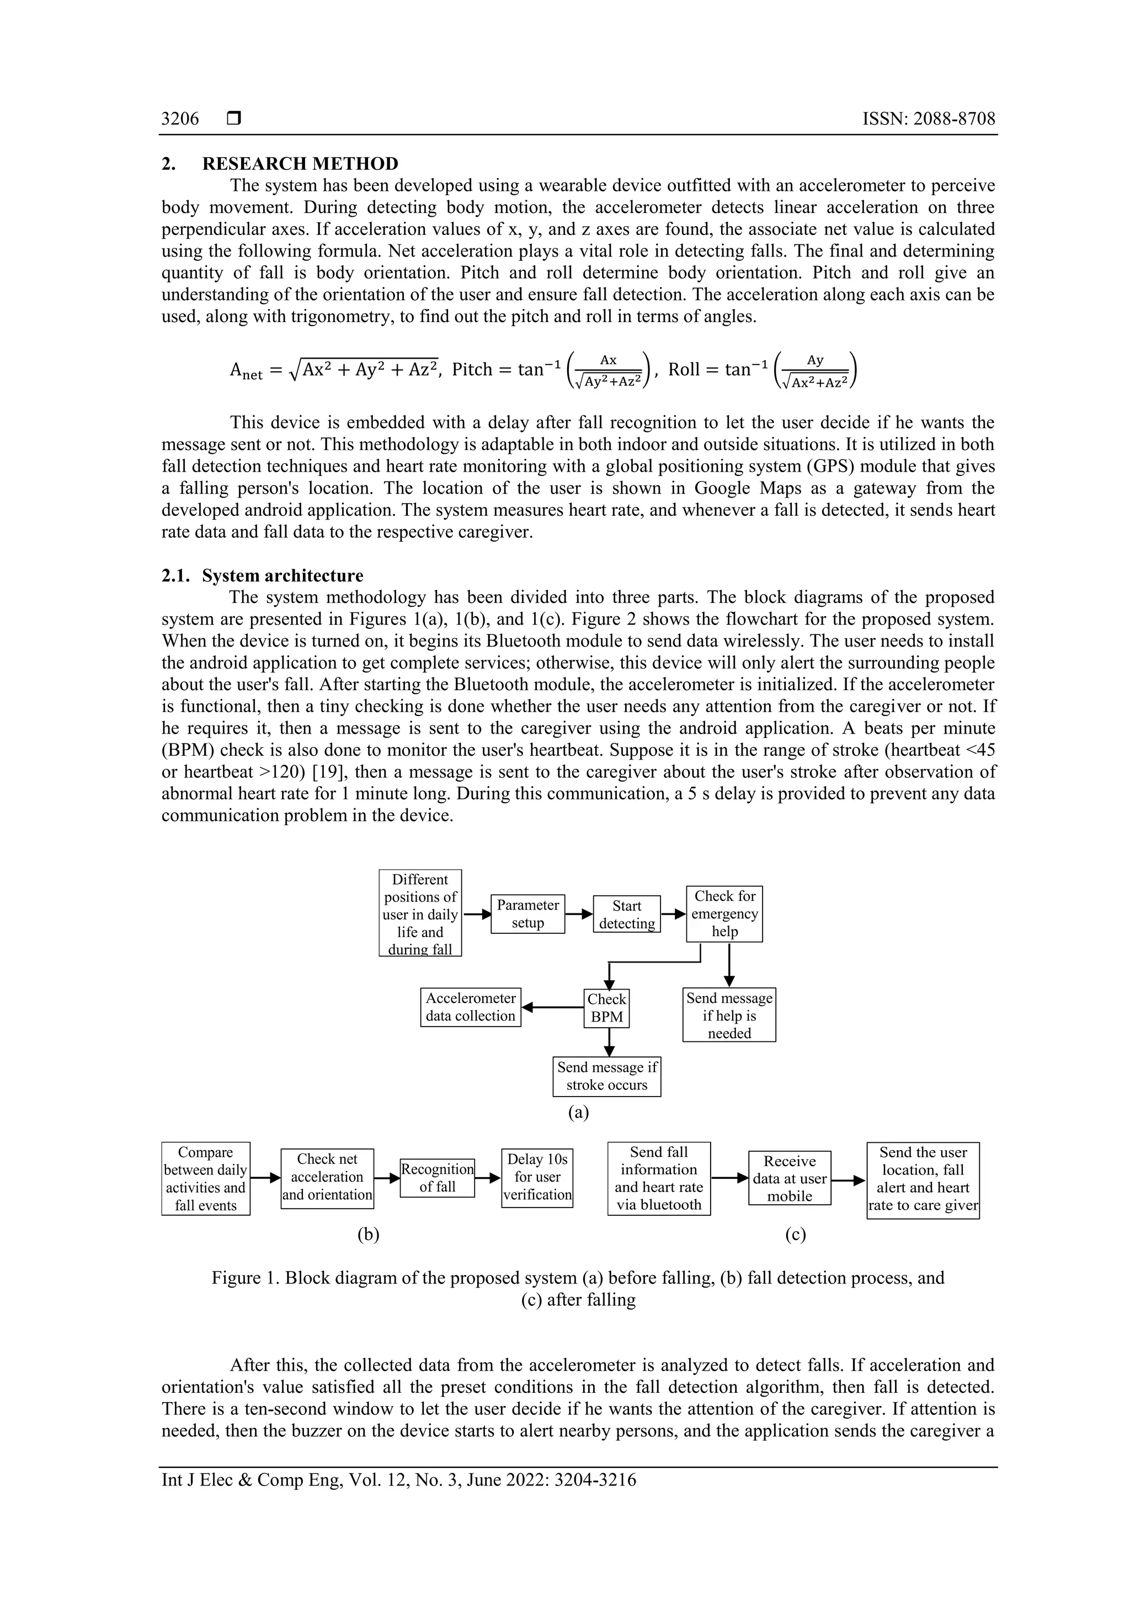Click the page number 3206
(x=180, y=119)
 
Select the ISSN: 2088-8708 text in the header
(x=928, y=119)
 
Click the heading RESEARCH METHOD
(x=300, y=164)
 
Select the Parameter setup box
(x=527, y=914)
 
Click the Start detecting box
(x=627, y=914)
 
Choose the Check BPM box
(x=606, y=1008)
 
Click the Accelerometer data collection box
(x=471, y=1007)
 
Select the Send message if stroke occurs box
(x=606, y=1076)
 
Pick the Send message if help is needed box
(x=729, y=1015)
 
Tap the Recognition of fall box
(x=437, y=1178)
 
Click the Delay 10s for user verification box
(x=537, y=1177)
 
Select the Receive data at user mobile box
(x=790, y=1178)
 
